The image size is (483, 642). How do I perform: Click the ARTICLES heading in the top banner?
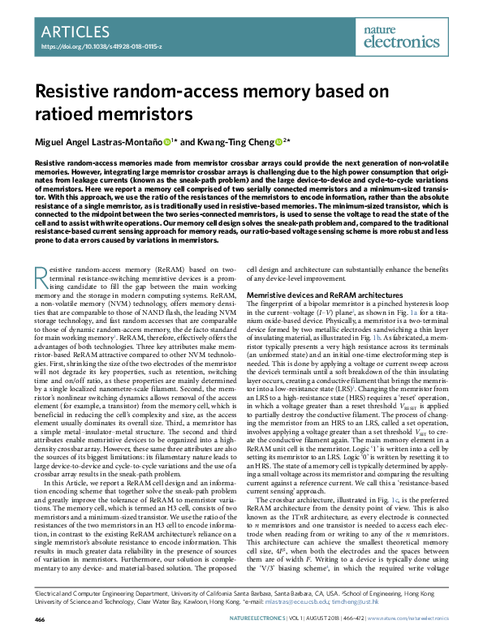[x=74, y=32]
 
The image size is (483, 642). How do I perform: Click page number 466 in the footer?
[x=39, y=619]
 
